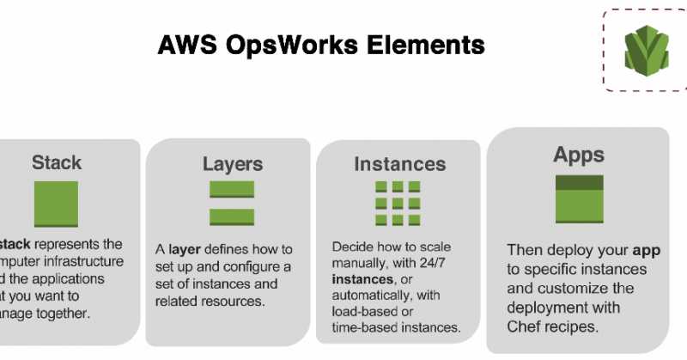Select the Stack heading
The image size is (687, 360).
coord(57,162)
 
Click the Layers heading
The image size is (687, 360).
coord(232,163)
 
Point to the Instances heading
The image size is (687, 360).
coord(400,163)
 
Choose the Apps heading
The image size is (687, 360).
coord(579,155)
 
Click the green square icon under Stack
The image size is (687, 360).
coord(56,204)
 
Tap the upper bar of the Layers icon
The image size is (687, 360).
coord(232,189)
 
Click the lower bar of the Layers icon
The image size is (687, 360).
coord(232,217)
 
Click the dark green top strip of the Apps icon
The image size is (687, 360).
coord(580,183)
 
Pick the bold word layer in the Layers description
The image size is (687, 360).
coord(185,249)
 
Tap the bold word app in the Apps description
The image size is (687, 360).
coord(646,250)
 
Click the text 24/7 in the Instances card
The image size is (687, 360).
coord(446,264)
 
